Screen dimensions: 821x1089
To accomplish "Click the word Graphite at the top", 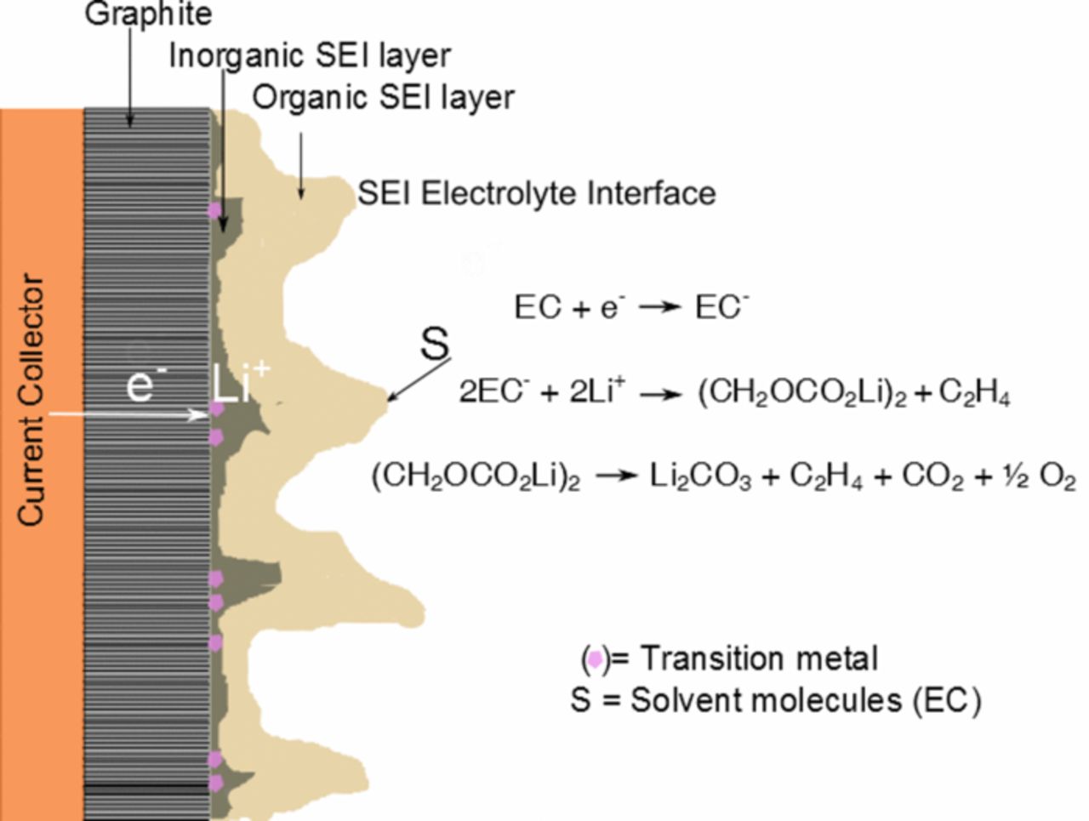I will [x=149, y=14].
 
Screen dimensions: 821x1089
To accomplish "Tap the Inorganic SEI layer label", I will [x=310, y=55].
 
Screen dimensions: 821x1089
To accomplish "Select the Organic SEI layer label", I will [x=383, y=98].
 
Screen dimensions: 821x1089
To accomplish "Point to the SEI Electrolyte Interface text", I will [x=536, y=193].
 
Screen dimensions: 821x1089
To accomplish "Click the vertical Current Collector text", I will [x=31, y=400].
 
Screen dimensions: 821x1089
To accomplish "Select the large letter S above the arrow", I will [x=435, y=345].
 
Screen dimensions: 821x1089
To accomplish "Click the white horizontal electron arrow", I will [x=128, y=414].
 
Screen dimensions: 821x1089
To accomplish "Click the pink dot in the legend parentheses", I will [x=596, y=659].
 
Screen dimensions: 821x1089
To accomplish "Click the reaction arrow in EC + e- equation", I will [x=660, y=308].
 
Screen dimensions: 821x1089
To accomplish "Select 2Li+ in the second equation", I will [x=596, y=393].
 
